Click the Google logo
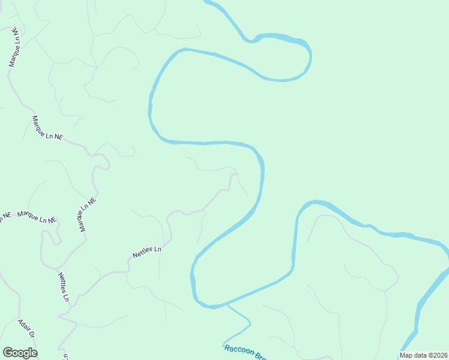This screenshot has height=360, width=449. point(20,353)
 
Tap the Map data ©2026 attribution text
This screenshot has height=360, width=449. point(423,355)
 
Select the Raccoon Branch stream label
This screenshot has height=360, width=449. point(245,352)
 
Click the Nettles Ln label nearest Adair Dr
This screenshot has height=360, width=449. point(64,287)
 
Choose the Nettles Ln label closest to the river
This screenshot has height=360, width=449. point(147,252)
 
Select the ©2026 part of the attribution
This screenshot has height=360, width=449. point(437,355)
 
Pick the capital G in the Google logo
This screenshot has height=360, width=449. point(8,353)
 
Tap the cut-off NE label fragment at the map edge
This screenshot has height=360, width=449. point(5,215)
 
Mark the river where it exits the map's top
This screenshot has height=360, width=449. point(208,2)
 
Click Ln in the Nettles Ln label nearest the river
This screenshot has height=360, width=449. point(157,248)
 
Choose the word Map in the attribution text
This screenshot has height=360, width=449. point(406,355)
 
